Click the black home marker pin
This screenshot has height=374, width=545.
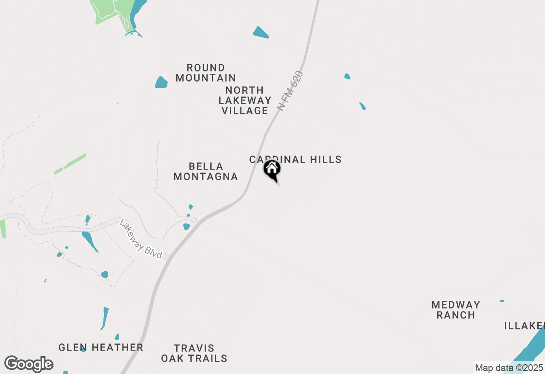(x=272, y=170)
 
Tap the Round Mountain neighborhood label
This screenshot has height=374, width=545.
(x=206, y=73)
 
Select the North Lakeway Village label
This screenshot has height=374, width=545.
(x=245, y=100)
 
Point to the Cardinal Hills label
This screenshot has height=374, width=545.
(x=295, y=159)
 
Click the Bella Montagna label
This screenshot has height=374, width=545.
(x=206, y=171)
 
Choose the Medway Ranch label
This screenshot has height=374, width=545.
(x=456, y=310)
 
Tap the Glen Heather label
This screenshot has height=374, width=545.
(x=100, y=347)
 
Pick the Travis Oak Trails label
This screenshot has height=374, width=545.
(x=194, y=353)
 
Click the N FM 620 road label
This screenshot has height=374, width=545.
(x=290, y=91)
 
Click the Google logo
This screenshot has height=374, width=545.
(x=29, y=364)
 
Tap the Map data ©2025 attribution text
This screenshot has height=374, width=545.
(x=509, y=368)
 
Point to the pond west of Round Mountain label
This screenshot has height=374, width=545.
(x=161, y=82)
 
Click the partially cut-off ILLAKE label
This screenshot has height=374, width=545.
(x=524, y=326)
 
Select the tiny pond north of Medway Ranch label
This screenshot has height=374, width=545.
(x=502, y=301)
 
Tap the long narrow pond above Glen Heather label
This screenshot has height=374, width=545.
(x=105, y=318)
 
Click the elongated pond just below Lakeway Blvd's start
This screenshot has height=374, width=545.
(x=90, y=241)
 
